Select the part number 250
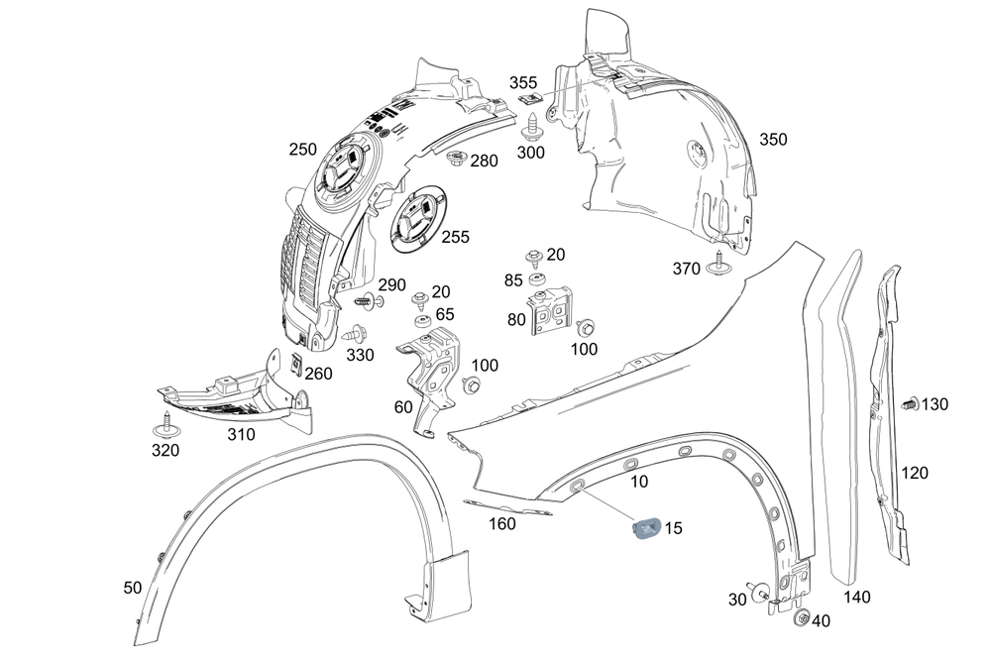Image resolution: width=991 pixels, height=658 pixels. tap(302, 150)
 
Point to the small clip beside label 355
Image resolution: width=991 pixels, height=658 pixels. tap(532, 100)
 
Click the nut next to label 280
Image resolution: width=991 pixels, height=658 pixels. tap(456, 160)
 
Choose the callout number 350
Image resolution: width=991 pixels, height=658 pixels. tap(773, 140)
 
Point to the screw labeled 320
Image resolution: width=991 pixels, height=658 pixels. tap(163, 428)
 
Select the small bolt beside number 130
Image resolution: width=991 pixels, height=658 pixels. tap(909, 404)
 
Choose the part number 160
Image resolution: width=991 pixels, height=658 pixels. tap(502, 523)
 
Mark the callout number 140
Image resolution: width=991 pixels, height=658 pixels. tap(856, 597)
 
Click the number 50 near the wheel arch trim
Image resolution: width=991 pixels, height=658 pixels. tap(133, 588)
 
